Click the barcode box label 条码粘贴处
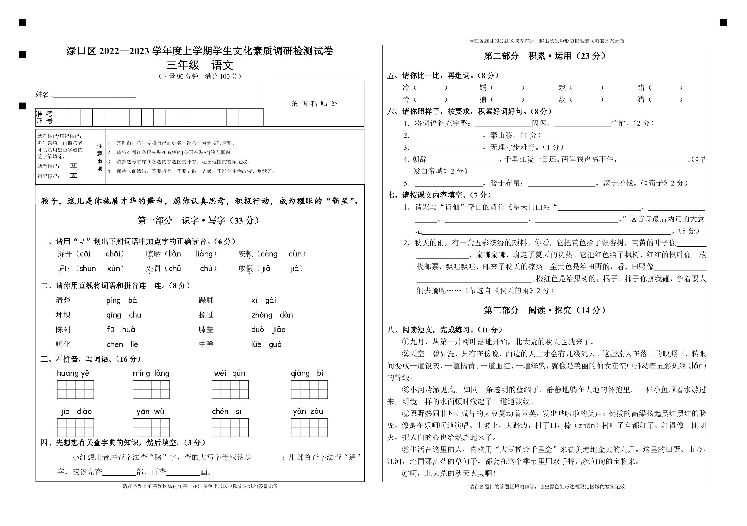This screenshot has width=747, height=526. point(314,104)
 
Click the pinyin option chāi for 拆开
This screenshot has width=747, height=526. point(113,254)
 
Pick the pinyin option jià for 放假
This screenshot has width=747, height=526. point(295,268)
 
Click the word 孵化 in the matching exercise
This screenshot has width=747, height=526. point(63,344)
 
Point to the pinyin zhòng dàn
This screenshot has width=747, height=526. point(272,315)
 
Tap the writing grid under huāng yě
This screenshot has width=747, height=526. point(75,389)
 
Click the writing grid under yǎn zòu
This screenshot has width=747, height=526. point(309,428)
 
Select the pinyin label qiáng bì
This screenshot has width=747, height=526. point(307,373)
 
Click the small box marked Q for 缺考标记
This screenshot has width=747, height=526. point(73,166)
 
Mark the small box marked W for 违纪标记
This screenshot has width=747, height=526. point(73,176)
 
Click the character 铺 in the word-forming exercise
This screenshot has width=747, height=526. point(483,87)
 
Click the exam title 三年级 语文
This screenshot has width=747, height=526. point(200,65)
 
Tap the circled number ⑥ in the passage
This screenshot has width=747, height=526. point(405,473)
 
